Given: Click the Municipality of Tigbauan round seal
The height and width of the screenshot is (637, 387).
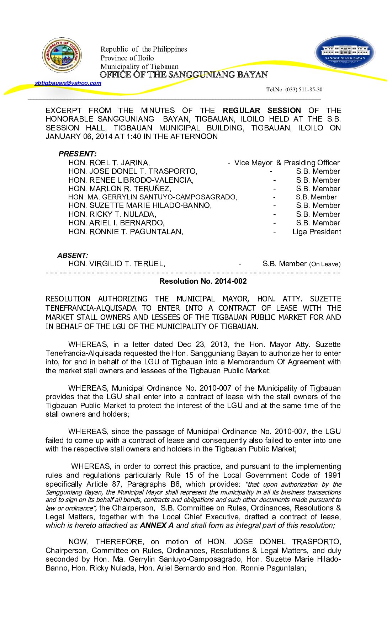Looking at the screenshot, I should (x=62, y=55).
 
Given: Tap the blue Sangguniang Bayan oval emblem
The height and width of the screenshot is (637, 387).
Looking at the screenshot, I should (x=345, y=53).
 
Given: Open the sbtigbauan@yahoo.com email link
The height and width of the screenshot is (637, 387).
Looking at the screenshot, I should (x=68, y=83).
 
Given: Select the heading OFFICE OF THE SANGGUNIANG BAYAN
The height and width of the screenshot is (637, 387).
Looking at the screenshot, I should (x=184, y=75).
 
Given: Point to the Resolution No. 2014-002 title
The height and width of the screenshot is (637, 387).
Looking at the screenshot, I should (x=203, y=281).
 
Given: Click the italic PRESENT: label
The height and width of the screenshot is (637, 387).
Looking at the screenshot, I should (x=78, y=154).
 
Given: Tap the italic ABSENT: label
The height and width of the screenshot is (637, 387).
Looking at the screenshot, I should (x=73, y=255).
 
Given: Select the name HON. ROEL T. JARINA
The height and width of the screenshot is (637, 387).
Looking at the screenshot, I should (x=109, y=163).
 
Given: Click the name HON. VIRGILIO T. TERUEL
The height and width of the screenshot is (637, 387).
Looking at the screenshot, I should (x=117, y=264).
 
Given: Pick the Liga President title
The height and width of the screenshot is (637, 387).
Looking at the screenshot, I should (x=317, y=232).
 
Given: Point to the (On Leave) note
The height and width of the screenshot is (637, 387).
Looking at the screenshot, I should (x=325, y=264).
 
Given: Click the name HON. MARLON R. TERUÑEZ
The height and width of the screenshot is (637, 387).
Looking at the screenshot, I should (x=120, y=189).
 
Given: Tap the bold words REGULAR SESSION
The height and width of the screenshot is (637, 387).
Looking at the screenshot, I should (x=262, y=111).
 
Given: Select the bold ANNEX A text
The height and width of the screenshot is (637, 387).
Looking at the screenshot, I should (x=157, y=525).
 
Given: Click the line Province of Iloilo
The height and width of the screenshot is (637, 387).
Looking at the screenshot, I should (x=127, y=58).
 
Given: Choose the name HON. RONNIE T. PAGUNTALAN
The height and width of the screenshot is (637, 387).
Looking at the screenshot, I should (x=126, y=232).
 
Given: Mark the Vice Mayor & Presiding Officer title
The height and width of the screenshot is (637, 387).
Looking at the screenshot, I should (x=287, y=163).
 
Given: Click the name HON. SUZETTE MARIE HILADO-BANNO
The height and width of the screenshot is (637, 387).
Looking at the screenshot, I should (x=140, y=205).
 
